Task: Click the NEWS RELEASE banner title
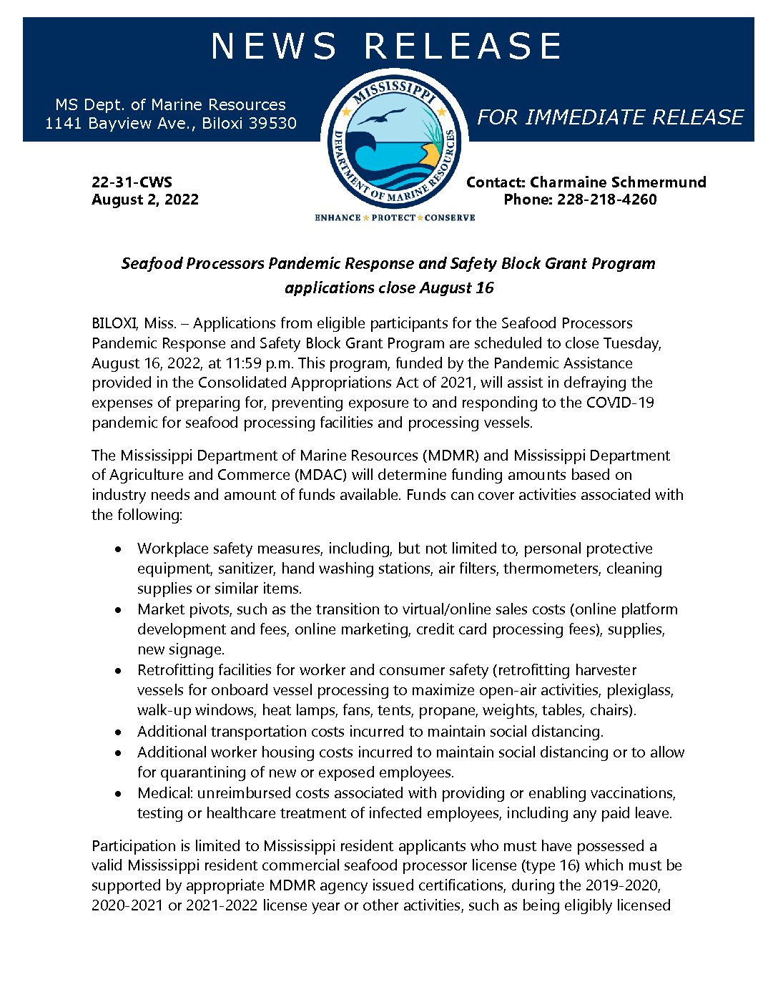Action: point(387,46)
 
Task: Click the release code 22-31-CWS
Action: point(132,182)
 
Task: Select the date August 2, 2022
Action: point(145,200)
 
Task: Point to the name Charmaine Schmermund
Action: point(618,182)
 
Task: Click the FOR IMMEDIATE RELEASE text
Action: point(610,117)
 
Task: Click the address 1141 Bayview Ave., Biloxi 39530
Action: point(170,123)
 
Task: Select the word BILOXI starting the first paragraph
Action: point(114,323)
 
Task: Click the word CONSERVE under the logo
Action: point(450,217)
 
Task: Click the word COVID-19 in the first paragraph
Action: point(619,403)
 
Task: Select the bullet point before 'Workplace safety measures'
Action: point(119,549)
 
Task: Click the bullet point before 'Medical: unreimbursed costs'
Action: point(119,794)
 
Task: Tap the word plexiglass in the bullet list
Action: point(641,690)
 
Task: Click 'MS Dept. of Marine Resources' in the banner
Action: point(170,104)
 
